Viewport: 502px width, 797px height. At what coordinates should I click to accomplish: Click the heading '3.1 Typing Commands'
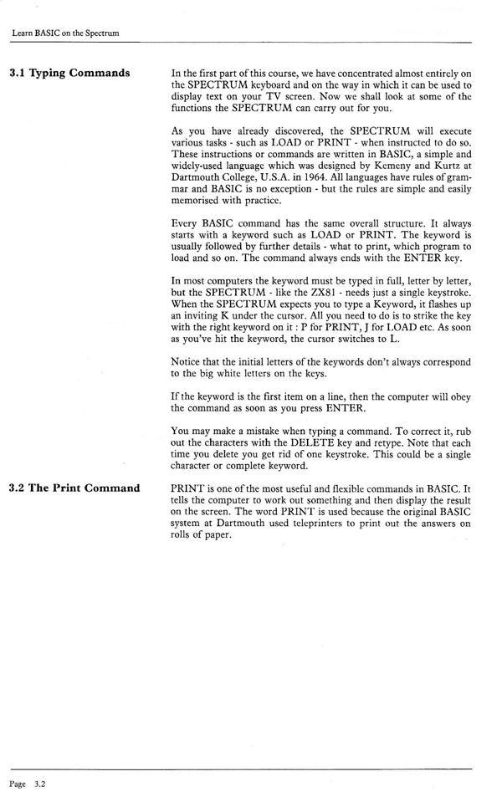tap(69, 73)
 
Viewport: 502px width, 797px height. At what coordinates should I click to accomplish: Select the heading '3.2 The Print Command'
tap(74, 488)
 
